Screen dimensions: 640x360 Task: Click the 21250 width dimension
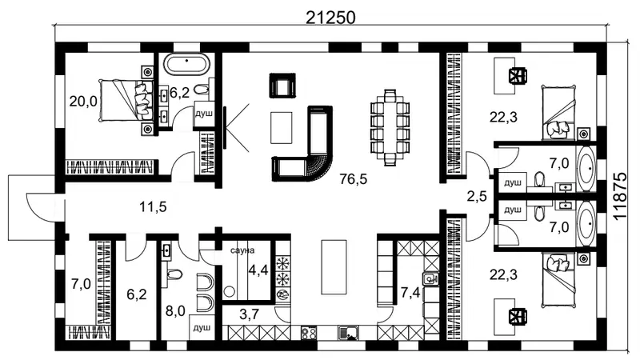[x=330, y=17]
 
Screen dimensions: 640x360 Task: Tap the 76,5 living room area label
[x=354, y=178]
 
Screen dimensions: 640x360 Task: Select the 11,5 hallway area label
[x=153, y=207]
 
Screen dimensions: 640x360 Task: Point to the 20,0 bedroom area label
[x=83, y=101]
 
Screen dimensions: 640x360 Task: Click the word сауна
[x=242, y=250]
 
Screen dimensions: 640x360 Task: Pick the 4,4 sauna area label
[x=258, y=270]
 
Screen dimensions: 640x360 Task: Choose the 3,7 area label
[x=249, y=314]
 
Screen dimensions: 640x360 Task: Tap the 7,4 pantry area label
[x=410, y=292]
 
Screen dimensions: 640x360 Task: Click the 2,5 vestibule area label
[x=477, y=196]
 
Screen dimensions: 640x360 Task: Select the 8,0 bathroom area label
[x=175, y=311]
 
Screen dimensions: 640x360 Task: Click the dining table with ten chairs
[x=390, y=127]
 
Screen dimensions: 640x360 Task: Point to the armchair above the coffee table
[x=282, y=85]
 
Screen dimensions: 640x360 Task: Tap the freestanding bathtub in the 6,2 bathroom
[x=187, y=65]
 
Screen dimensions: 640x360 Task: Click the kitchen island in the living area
[x=334, y=266]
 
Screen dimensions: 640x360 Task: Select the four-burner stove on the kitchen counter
[x=309, y=333]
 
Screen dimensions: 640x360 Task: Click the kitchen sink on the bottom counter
[x=348, y=333]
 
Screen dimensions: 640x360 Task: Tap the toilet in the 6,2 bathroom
[x=202, y=89]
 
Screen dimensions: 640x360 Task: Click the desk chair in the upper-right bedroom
[x=518, y=75]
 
